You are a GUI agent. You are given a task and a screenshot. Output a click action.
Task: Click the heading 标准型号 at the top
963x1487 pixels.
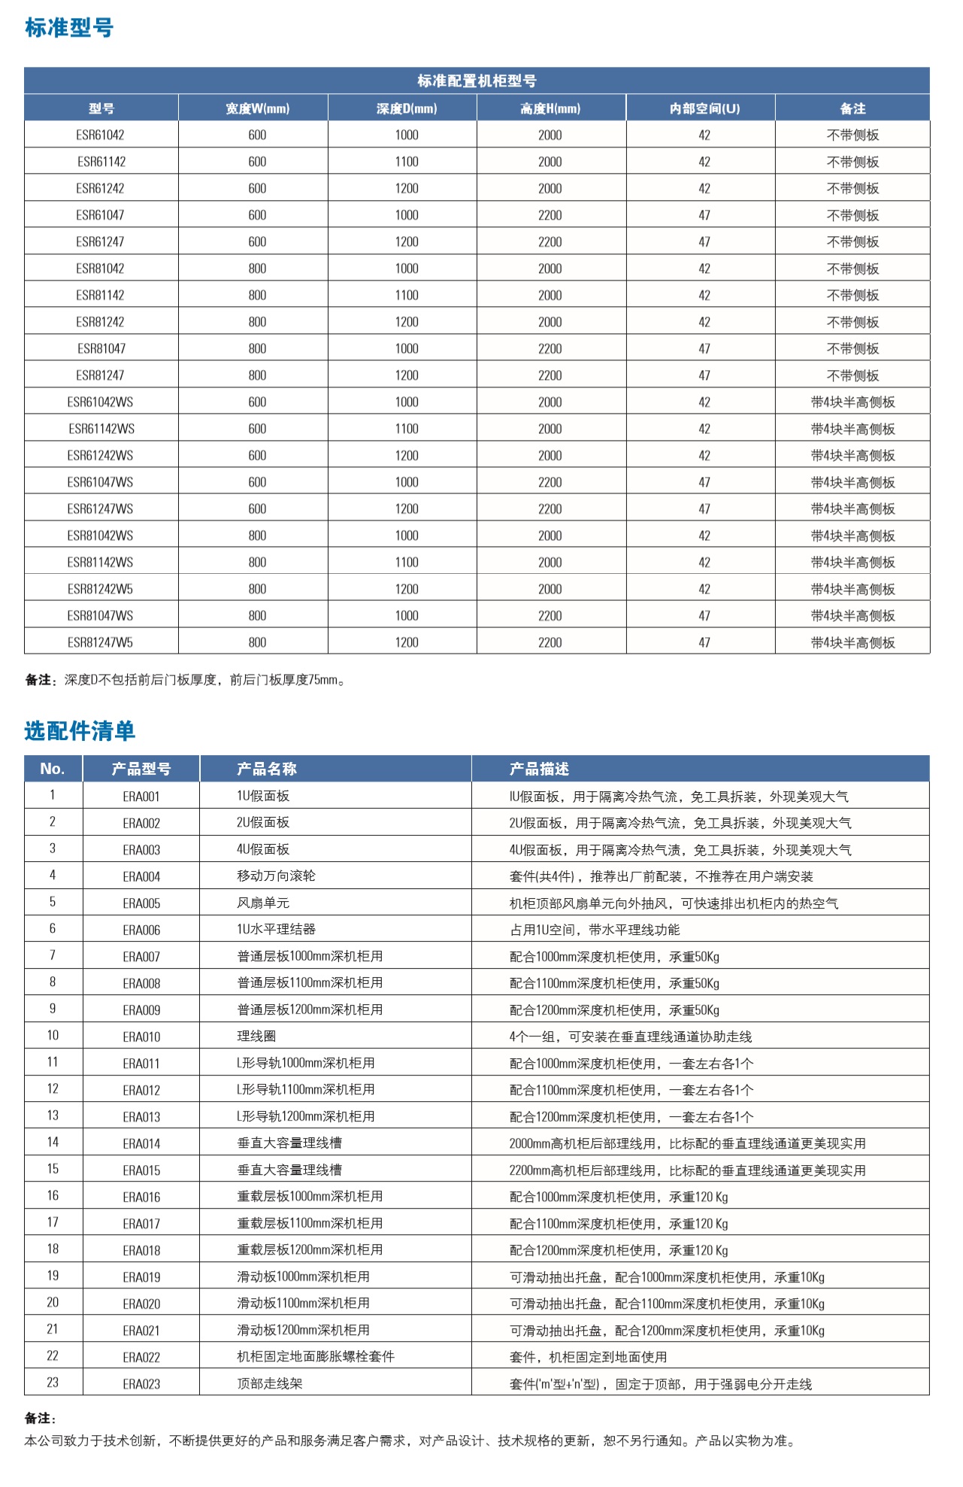pos(68,28)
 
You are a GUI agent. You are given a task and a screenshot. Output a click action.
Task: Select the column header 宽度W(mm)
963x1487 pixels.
pos(257,108)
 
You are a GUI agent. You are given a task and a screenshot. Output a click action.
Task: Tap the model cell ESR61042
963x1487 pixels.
pos(100,135)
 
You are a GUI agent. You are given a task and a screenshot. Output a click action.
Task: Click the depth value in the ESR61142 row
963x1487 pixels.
pos(407,162)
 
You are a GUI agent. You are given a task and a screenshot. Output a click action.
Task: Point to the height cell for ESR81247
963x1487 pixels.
pos(550,375)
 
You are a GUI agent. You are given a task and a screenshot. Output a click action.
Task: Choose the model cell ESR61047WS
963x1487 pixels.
pos(100,482)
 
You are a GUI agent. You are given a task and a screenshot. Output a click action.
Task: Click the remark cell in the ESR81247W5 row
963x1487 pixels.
pos(852,642)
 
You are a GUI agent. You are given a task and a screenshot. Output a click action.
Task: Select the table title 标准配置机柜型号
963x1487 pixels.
pos(477,80)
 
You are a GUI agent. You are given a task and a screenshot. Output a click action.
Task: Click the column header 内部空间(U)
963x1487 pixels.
pos(704,108)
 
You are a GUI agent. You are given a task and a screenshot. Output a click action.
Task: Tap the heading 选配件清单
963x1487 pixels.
pos(79,730)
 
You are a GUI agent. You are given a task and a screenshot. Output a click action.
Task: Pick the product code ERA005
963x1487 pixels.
pos(141,903)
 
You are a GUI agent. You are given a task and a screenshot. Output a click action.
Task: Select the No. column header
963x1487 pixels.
pos(53,769)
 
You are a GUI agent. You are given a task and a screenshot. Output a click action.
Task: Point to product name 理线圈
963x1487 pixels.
pos(256,1036)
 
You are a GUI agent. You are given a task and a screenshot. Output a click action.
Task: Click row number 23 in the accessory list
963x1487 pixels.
pos(53,1382)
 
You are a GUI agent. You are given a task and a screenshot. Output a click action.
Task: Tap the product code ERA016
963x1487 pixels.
pos(141,1197)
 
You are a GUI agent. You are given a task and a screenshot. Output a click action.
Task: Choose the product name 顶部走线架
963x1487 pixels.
pos(269,1383)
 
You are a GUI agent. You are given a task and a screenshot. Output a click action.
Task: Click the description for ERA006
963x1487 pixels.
pos(594,930)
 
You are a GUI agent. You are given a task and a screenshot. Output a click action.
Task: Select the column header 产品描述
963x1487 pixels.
pos(539,769)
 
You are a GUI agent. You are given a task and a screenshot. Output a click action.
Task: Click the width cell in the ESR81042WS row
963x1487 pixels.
pos(257,536)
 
